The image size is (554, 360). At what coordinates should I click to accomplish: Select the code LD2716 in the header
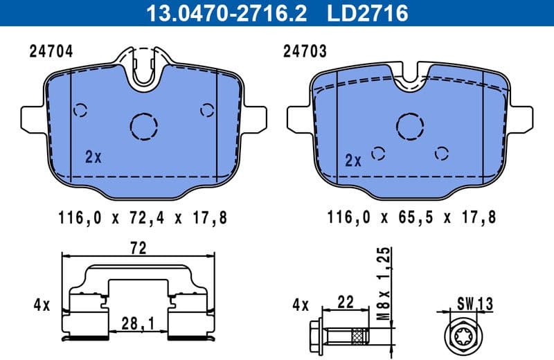(366, 12)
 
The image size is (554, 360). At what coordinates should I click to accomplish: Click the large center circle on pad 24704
(145, 125)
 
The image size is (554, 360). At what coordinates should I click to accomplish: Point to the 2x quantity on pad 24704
(93, 157)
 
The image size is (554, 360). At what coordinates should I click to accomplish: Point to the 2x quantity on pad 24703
(353, 161)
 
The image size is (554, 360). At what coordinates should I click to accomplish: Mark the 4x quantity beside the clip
(42, 304)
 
